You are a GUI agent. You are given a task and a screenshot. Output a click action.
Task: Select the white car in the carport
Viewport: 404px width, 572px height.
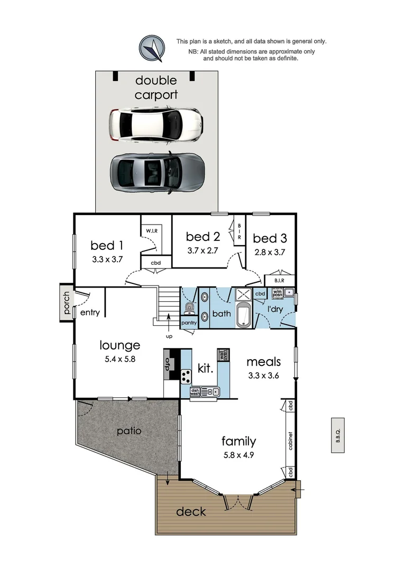pos(155,125)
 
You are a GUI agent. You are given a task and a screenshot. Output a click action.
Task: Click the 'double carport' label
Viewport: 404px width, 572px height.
pos(156,87)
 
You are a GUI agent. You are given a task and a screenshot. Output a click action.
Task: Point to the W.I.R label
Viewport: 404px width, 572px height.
pos(152,231)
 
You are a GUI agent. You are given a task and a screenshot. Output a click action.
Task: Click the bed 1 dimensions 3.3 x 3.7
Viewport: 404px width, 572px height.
pos(107,260)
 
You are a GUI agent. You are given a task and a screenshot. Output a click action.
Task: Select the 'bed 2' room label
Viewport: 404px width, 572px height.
pos(203,236)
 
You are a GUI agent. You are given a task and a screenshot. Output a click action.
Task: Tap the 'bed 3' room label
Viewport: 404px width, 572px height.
pos(272,238)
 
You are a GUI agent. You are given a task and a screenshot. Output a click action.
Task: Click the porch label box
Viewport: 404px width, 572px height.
pos(67,303)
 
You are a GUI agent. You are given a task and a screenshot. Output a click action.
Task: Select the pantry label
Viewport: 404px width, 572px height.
pos(189,323)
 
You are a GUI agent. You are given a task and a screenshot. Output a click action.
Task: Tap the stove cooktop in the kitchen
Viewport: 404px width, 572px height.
pos(186,377)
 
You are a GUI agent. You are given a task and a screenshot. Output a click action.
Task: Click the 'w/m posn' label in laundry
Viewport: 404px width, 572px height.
pos(277,293)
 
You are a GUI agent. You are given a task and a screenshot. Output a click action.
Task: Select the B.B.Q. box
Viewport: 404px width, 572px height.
pos(338,434)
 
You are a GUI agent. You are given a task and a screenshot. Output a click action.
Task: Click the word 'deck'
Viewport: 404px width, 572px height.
pos(191,512)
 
